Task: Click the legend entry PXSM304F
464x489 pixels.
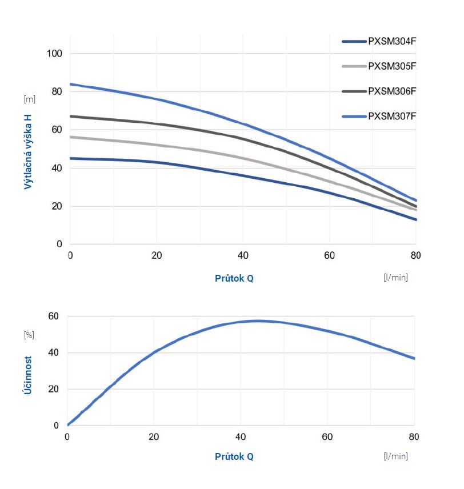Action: point(392,41)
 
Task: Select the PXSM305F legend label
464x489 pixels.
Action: point(392,66)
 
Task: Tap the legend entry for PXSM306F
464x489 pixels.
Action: point(392,91)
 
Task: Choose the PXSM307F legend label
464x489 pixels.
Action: point(392,116)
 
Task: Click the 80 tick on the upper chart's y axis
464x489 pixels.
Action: point(56,91)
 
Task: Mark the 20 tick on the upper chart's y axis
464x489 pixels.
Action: point(56,206)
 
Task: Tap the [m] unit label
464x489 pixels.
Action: point(29,99)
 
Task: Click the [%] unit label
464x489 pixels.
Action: point(29,335)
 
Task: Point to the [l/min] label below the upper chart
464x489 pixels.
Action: point(396,278)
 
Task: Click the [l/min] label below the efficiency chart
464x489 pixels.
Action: point(396,456)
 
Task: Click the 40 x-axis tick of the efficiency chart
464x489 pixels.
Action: point(241,437)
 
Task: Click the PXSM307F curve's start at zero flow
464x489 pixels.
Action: point(70,84)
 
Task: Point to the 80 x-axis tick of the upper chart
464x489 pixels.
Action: point(415,255)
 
